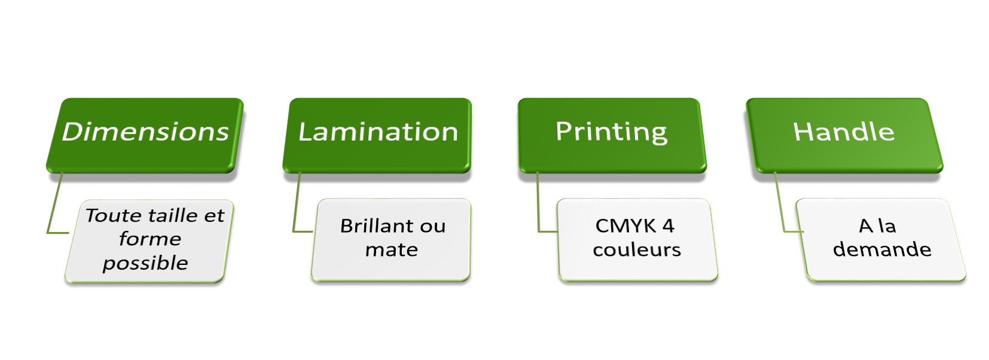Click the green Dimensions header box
(x=145, y=135)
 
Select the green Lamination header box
(x=377, y=135)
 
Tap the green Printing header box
(x=611, y=135)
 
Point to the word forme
(x=149, y=239)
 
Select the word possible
(x=145, y=263)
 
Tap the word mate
(x=392, y=249)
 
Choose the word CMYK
(x=625, y=226)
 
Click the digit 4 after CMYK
(x=669, y=226)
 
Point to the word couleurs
(x=637, y=249)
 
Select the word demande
(x=882, y=249)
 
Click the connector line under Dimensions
(x=55, y=203)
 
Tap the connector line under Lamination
(x=296, y=203)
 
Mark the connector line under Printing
(x=538, y=203)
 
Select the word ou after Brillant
(x=432, y=226)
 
